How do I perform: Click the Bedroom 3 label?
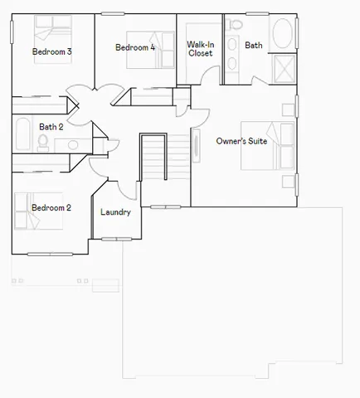51,51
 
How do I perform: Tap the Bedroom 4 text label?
134,47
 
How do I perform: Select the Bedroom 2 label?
50,207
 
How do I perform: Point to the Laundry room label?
115,212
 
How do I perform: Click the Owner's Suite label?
241,142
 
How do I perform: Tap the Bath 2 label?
51,127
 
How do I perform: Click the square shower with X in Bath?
282,66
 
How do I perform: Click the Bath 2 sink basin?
73,144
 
